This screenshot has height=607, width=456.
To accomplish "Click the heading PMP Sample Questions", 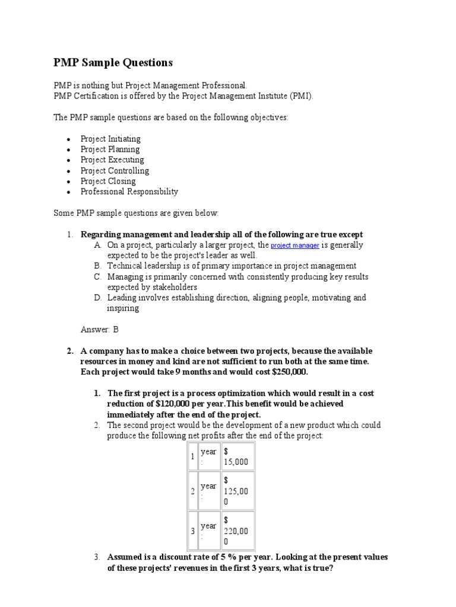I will click(x=113, y=62).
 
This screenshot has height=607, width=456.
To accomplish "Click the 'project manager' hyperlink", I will click(x=295, y=245).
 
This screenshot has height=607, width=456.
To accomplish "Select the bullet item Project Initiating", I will click(x=110, y=139).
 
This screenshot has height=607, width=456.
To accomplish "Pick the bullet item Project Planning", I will click(x=110, y=149).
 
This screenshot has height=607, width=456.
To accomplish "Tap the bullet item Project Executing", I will click(x=112, y=160).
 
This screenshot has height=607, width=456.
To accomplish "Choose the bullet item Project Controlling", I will click(x=115, y=171).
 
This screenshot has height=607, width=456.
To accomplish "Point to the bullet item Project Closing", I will click(x=108, y=181).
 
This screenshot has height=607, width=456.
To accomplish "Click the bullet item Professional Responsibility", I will click(x=129, y=192).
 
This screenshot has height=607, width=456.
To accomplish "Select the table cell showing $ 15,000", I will click(x=237, y=456).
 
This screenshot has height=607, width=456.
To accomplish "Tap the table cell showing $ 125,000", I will click(x=237, y=491).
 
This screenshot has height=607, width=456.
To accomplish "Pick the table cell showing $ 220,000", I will click(x=237, y=531).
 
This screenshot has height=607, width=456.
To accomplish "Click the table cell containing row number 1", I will click(x=192, y=456).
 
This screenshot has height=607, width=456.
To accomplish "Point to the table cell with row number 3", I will click(x=192, y=531).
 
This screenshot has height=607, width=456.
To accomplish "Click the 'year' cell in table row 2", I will click(x=208, y=491).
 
